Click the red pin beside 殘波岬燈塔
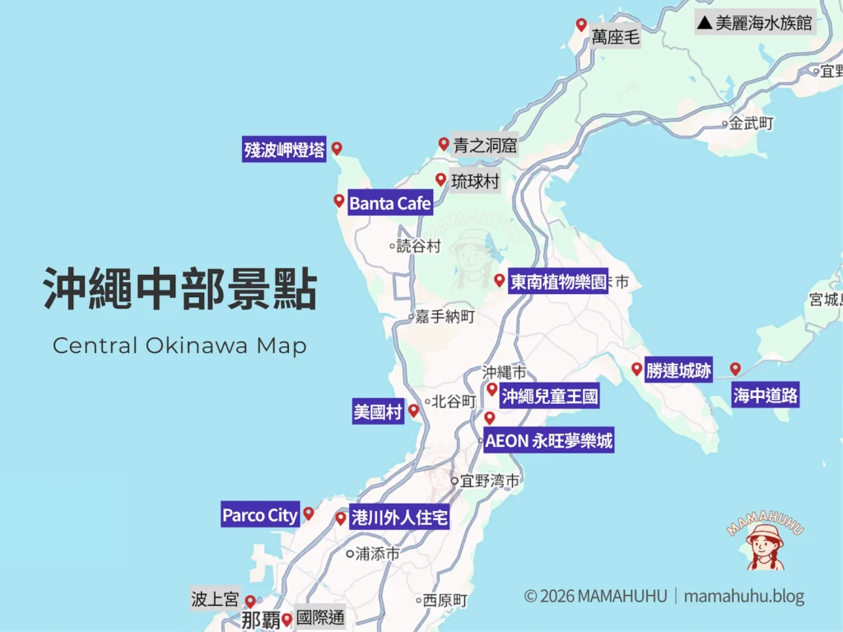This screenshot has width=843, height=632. click(x=336, y=149)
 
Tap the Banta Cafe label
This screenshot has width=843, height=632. click(x=390, y=203)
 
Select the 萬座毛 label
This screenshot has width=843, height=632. click(x=615, y=37)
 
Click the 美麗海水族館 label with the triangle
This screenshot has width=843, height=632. click(x=755, y=23)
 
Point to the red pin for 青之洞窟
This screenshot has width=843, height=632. click(x=444, y=144)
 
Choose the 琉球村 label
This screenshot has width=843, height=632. click(x=475, y=182)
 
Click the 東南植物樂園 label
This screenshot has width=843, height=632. click(x=558, y=282)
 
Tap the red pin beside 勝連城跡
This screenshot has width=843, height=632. click(x=636, y=369)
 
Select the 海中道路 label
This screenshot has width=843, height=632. click(x=766, y=396)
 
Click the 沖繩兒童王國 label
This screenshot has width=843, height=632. click(x=549, y=397)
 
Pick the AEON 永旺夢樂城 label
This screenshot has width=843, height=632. click(x=548, y=441)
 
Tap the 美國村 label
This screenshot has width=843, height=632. click(x=378, y=412)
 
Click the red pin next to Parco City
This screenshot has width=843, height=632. click(x=309, y=513)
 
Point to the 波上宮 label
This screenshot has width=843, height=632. click(x=215, y=599)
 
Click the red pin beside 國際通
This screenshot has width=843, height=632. click(x=286, y=619)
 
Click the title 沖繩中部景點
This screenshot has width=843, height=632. click(x=180, y=289)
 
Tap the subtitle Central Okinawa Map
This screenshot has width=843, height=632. click(x=179, y=346)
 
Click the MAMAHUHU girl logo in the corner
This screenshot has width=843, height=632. click(x=765, y=541)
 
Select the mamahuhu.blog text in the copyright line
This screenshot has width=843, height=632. click(x=743, y=597)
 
